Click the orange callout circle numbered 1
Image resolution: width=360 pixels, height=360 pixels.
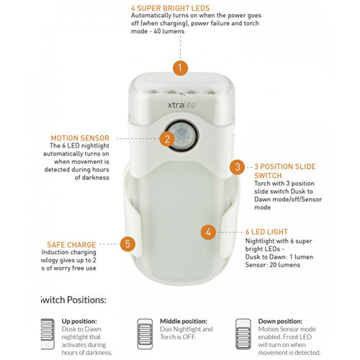180,68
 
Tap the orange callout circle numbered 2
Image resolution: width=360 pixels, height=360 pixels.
167,139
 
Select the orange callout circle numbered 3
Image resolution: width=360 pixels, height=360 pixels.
238,167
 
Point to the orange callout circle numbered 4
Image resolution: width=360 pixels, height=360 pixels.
207,232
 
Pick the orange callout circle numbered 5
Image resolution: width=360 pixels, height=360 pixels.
127,244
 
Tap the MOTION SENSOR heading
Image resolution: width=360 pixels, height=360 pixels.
80,137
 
